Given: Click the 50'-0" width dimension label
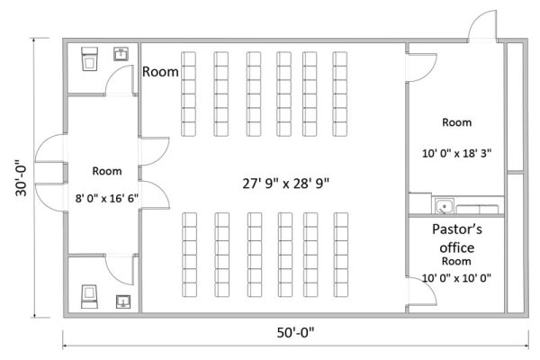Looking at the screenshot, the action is [x=295, y=333].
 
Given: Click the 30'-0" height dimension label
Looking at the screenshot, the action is [x=21, y=178].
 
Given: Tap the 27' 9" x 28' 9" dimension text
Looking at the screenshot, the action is [x=286, y=184].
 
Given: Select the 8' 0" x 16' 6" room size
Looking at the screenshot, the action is [x=107, y=198].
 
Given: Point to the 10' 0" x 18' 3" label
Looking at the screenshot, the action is [x=456, y=153].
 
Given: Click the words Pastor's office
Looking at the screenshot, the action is [x=457, y=238].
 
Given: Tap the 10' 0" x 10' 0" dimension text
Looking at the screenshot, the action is [x=456, y=278].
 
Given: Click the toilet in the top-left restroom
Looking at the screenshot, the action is [x=89, y=58].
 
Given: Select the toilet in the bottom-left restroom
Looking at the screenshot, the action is [x=89, y=296].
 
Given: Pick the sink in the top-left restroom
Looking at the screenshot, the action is [x=121, y=54].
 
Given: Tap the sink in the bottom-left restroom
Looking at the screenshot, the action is [x=123, y=301].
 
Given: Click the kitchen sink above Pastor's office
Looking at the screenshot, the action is [x=444, y=206].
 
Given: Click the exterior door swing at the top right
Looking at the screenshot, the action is [x=482, y=26].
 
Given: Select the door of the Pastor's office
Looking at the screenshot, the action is [x=421, y=291].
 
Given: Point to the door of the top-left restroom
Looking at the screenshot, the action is [x=120, y=80].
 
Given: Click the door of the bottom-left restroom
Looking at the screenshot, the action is [x=120, y=270].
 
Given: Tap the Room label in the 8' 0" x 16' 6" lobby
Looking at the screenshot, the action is [x=107, y=171].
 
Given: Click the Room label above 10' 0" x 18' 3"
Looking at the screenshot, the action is [x=456, y=122].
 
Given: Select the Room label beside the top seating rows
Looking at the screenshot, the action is [x=160, y=72].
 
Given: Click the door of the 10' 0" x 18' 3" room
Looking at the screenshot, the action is [x=421, y=67].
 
